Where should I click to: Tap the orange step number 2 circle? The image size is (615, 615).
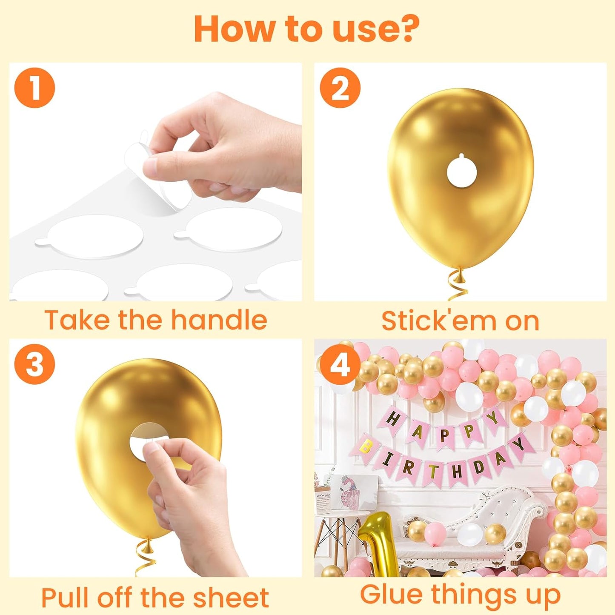[x=340, y=88]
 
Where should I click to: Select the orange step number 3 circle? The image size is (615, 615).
[x=34, y=364]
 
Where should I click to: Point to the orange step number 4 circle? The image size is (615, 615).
[x=340, y=364]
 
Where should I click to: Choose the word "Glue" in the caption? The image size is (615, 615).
[x=392, y=594]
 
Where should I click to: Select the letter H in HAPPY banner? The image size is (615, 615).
[x=392, y=419]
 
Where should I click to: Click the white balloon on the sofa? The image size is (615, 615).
[x=469, y=535]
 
